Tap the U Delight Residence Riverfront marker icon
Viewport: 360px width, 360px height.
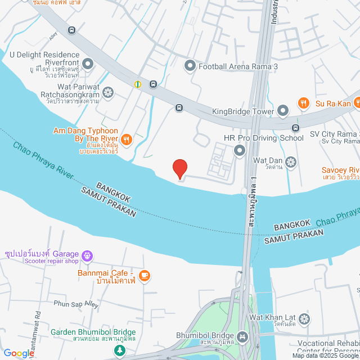(x=88, y=64)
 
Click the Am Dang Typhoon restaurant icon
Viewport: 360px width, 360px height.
(x=126, y=139)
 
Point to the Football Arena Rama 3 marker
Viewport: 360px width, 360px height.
(x=190, y=66)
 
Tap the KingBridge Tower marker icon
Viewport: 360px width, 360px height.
(x=283, y=111)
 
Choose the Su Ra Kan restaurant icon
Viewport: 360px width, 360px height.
(x=304, y=103)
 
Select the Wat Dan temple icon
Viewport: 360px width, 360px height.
(x=291, y=163)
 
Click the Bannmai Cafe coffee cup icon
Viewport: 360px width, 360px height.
(x=145, y=275)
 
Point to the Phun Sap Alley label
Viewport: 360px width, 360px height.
(x=76, y=304)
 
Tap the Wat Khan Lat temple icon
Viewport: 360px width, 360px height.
(x=304, y=319)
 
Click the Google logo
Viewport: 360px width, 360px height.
(x=18, y=353)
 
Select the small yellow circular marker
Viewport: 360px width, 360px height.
(x=138, y=84)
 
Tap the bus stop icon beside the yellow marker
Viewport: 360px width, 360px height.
(x=153, y=84)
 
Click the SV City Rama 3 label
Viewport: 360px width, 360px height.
(x=334, y=134)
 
